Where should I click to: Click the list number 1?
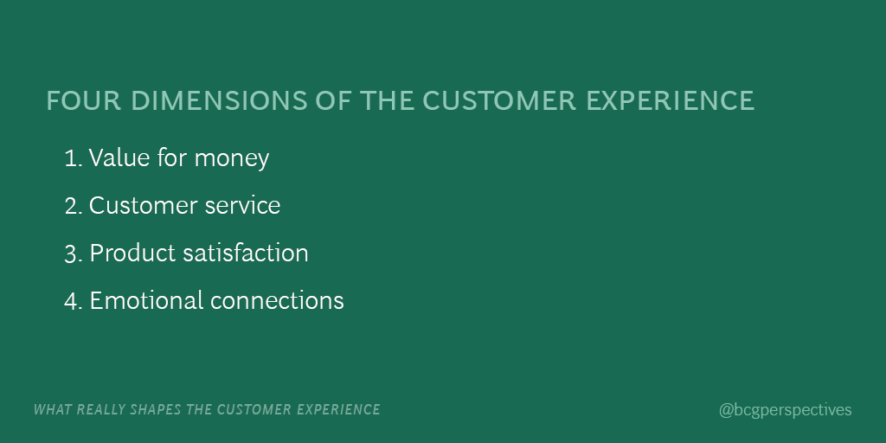72,158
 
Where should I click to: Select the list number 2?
73,206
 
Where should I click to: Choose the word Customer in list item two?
143,206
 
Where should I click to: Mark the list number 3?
73,254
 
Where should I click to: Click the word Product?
132,254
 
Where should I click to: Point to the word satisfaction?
246,254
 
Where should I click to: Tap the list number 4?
73,301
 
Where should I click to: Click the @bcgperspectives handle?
785,410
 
